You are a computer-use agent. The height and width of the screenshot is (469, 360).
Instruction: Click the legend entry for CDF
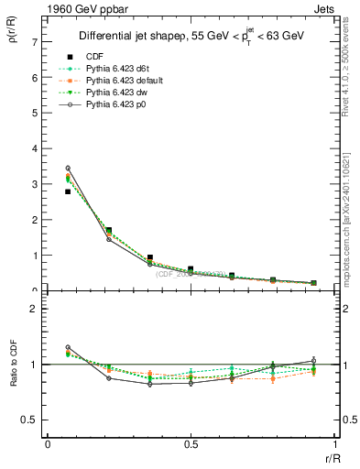pyautogui.click(x=93, y=55)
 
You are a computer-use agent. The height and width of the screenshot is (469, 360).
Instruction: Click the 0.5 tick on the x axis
pyautogui.click(x=191, y=443)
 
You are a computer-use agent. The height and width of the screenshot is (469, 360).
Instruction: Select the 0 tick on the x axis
pyautogui.click(x=48, y=443)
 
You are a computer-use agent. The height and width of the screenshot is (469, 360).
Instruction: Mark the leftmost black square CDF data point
pyautogui.click(x=68, y=191)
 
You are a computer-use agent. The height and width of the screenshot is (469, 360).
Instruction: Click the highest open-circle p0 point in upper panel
pyautogui.click(x=68, y=168)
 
